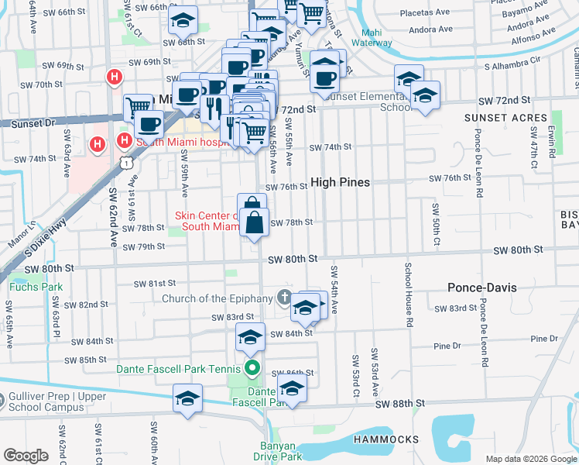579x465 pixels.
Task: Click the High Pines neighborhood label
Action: pos(340,183)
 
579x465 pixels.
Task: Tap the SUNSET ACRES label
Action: pos(495,118)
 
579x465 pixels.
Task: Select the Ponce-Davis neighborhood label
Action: pos(481,288)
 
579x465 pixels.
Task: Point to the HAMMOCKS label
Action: pos(386,439)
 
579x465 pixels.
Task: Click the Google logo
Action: pos(26,455)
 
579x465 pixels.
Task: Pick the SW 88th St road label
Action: pos(401,404)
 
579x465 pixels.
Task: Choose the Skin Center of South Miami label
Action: pos(207,221)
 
